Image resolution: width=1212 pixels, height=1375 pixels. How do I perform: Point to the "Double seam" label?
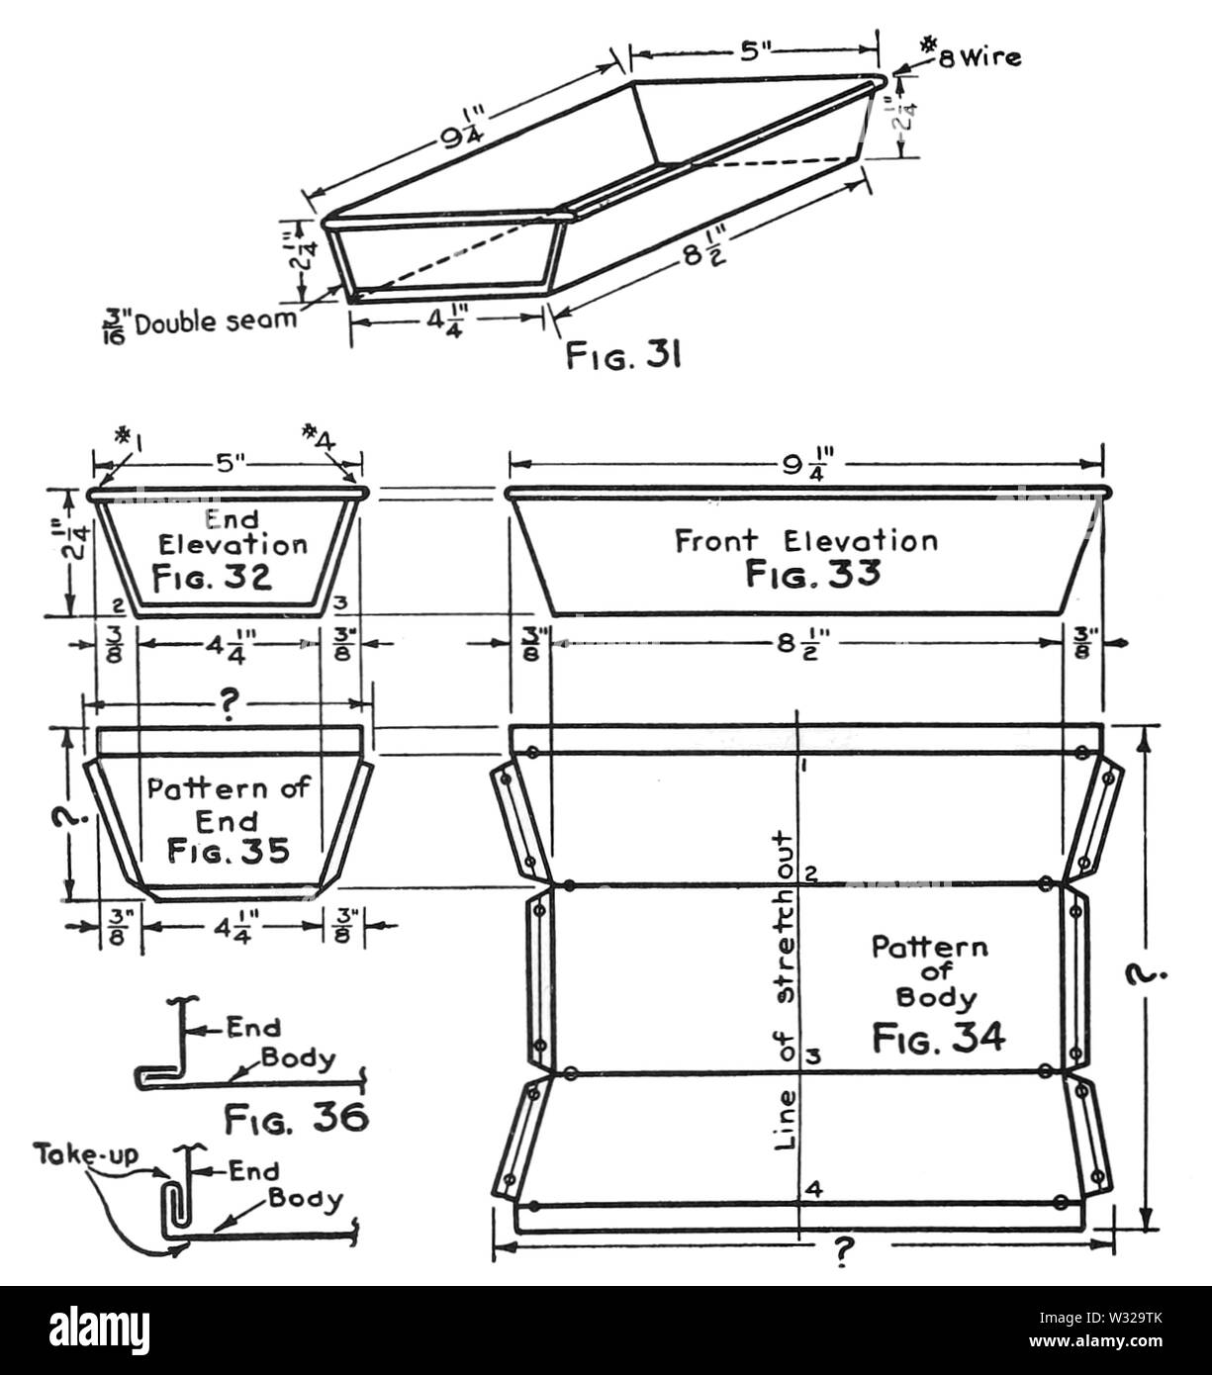216,321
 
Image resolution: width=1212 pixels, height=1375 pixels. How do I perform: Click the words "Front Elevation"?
806,541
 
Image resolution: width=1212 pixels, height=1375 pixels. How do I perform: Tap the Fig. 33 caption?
812,574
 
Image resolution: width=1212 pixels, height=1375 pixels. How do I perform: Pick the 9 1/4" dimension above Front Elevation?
806,467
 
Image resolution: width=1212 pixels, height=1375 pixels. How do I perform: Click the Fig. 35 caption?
229,851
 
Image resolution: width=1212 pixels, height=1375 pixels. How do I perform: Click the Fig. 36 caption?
297,1119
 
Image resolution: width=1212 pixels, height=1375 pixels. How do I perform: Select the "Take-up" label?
86,1153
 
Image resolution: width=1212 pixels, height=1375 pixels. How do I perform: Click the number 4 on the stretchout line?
815,1189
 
